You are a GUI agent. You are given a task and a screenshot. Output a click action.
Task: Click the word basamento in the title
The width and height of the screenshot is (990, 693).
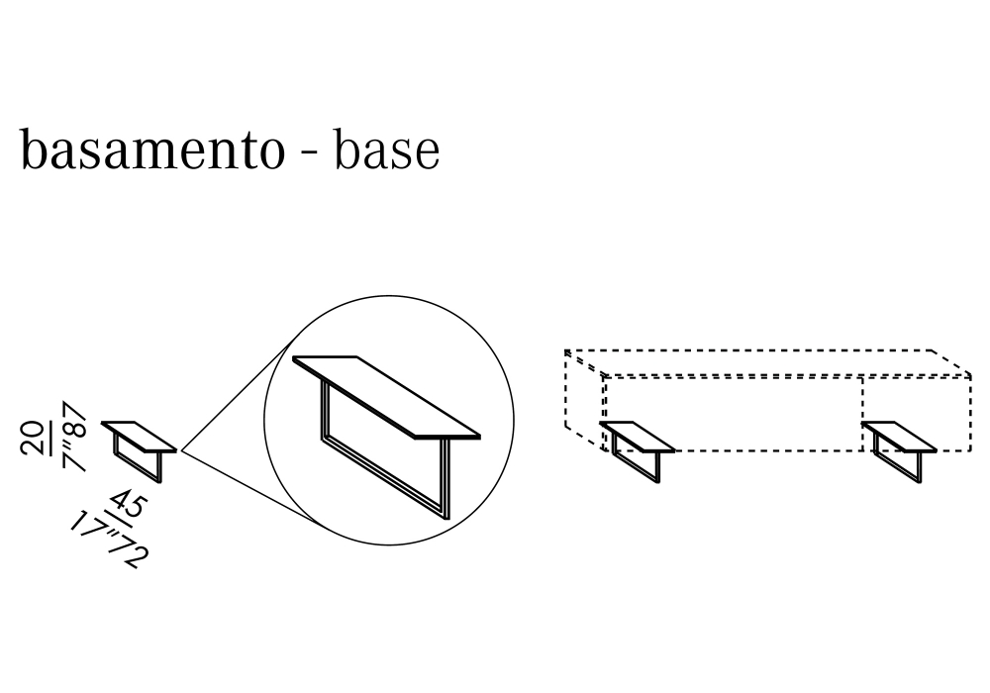coord(151,151)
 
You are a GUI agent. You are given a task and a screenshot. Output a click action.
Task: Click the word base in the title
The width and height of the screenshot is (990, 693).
coord(386,151)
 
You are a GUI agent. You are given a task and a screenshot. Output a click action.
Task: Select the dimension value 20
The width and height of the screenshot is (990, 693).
coord(34,437)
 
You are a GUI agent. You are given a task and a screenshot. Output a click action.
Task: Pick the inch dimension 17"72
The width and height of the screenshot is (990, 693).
coord(109,541)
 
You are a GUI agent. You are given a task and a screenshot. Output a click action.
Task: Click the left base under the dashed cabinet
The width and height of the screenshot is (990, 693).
coord(639,449)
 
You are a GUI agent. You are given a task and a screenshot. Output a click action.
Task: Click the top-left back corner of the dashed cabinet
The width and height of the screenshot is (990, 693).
coord(566,350)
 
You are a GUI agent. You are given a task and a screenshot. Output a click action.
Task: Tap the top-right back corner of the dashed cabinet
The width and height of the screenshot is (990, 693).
coord(934,350)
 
